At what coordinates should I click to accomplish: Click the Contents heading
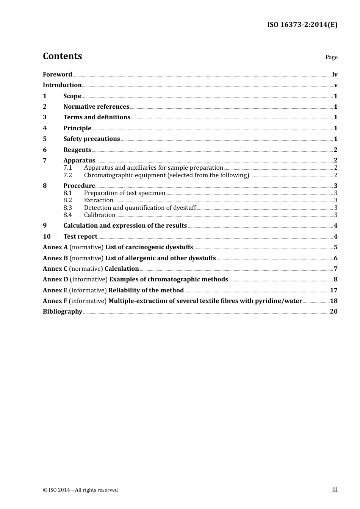pyautogui.click(x=62, y=56)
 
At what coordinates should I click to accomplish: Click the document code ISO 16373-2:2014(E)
pyautogui.click(x=302, y=25)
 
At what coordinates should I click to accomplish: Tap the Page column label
pyautogui.click(x=331, y=57)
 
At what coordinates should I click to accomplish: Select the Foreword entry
pyautogui.click(x=57, y=74)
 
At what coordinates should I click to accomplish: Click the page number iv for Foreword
pyautogui.click(x=335, y=74)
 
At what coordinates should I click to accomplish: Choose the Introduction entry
pyautogui.click(x=62, y=85)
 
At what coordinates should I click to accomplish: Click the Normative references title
pyautogui.click(x=96, y=106)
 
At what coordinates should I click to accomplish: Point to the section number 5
pyautogui.click(x=45, y=139)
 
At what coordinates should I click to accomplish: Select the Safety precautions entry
pyautogui.click(x=92, y=139)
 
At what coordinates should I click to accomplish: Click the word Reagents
pyautogui.click(x=77, y=150)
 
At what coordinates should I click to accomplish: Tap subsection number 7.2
pyautogui.click(x=67, y=175)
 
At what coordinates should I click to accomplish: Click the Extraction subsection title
pyautogui.click(x=99, y=200)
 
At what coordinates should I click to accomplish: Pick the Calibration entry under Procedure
pyautogui.click(x=100, y=215)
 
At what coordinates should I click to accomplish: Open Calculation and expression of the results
pyautogui.click(x=125, y=225)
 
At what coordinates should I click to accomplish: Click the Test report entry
pyautogui.click(x=80, y=236)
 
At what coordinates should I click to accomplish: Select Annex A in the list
pyautogui.click(x=55, y=247)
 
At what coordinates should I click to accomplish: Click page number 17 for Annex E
pyautogui.click(x=333, y=290)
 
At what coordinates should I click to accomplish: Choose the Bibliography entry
pyautogui.click(x=63, y=311)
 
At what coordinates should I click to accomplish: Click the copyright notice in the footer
pyautogui.click(x=80, y=490)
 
